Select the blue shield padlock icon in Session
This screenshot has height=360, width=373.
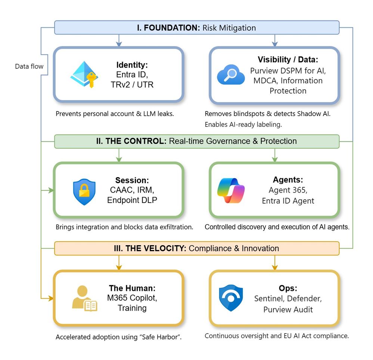pyautogui.click(x=84, y=192)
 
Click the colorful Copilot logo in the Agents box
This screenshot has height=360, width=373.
pyautogui.click(x=231, y=190)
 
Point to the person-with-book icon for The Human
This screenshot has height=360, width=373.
pyautogui.click(x=84, y=298)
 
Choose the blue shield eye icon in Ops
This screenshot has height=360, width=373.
pyautogui.click(x=231, y=298)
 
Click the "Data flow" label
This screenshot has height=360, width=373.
pyautogui.click(x=29, y=67)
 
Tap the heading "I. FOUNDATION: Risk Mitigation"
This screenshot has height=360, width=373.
pyautogui.click(x=197, y=28)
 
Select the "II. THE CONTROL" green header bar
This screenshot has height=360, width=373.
pyautogui.click(x=197, y=141)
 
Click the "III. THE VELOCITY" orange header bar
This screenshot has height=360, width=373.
pyautogui.click(x=197, y=248)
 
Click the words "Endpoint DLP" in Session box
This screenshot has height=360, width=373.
pyautogui.click(x=132, y=200)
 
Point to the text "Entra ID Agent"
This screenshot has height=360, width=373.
pyautogui.click(x=288, y=201)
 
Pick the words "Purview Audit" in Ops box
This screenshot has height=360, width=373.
pyautogui.click(x=288, y=310)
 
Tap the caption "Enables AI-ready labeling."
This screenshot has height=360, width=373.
pyautogui.click(x=248, y=124)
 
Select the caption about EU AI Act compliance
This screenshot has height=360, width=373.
pyautogui.click(x=277, y=336)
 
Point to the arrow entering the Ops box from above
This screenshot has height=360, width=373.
pyautogui.click(x=275, y=265)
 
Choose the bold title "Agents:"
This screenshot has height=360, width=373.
pyautogui.click(x=288, y=179)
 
